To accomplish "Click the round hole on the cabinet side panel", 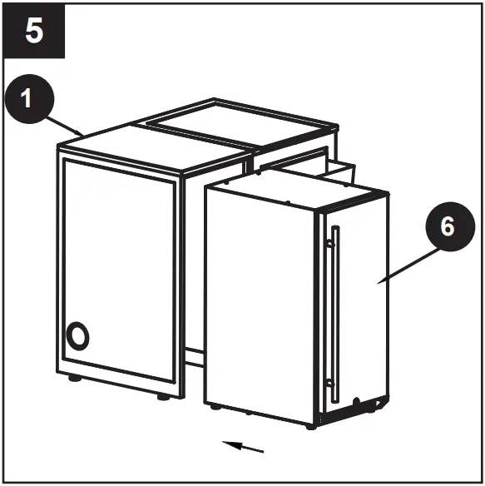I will pos(77,337).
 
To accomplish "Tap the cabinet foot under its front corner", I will pos(163,397).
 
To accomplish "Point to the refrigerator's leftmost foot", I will pos(215,408).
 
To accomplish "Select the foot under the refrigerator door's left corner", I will pos(309,425).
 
